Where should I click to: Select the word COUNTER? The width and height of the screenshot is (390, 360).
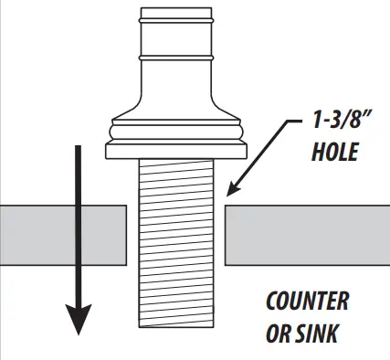coord(307,302)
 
